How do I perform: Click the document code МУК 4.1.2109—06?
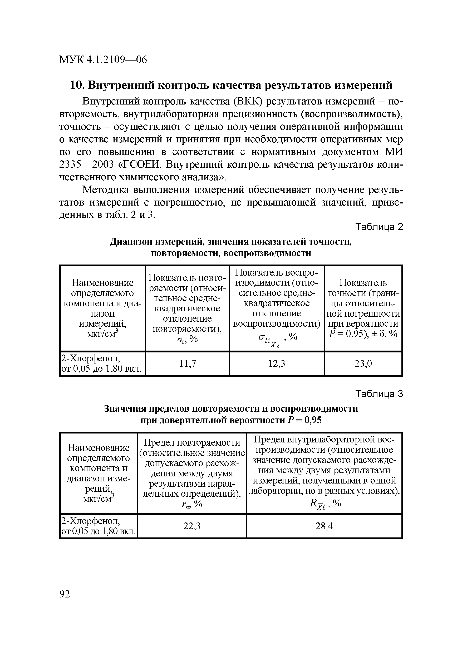pyautogui.click(x=103, y=60)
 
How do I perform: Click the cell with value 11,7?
pyautogui.click(x=187, y=363)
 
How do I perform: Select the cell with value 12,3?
pyautogui.click(x=277, y=363)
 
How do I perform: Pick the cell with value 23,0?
pyautogui.click(x=363, y=363)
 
